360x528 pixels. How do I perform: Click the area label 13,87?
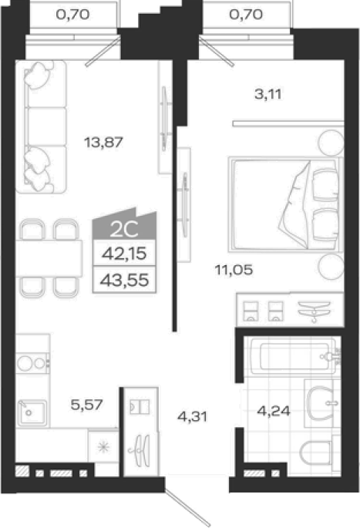[103, 142]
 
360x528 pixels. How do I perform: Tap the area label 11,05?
[234, 270]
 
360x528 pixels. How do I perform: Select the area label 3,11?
[268, 94]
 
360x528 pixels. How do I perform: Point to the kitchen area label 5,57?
[86, 404]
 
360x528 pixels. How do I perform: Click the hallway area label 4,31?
[192, 417]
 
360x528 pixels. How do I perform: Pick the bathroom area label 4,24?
[274, 411]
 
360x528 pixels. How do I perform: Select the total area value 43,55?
[124, 280]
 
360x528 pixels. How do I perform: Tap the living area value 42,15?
[124, 254]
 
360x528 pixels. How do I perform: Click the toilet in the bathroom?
[315, 452]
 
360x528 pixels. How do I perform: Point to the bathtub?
[292, 356]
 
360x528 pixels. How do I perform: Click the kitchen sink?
[32, 412]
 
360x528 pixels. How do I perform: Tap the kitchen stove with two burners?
[32, 363]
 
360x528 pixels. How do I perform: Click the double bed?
[285, 204]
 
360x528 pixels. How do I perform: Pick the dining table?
[49, 258]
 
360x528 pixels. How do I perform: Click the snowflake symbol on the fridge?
[103, 447]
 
